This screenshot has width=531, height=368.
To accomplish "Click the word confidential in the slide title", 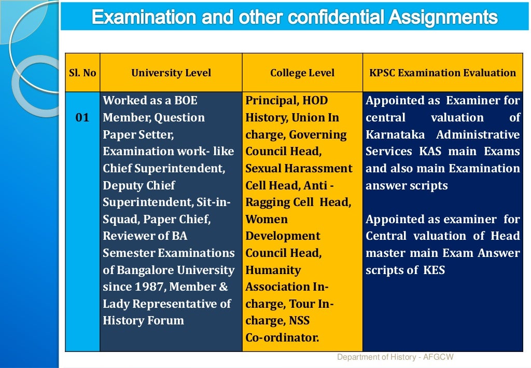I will tap(325, 18).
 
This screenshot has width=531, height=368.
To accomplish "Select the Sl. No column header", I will tap(82, 73).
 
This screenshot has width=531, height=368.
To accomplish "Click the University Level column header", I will tap(171, 73).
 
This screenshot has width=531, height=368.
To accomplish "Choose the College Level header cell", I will tap(302, 73).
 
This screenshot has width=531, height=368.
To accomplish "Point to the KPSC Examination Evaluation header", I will tap(442, 73).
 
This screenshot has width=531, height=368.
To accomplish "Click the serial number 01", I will tap(82, 118).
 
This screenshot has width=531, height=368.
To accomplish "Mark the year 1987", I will tap(150, 287).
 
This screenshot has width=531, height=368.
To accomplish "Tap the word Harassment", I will tap(318, 169).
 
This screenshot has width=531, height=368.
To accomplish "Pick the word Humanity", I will tap(273, 270).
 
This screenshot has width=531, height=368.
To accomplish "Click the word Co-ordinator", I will tap(282, 338).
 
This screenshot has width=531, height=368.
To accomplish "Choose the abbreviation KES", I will tap(434, 270).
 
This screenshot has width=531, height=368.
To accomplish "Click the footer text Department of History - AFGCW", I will tap(395, 357).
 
